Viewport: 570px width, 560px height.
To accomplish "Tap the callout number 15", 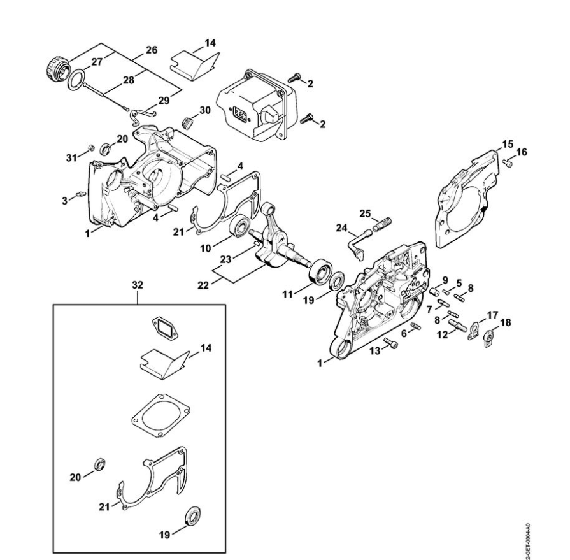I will coord(508,145).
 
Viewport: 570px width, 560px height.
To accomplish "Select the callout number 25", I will coord(365,212).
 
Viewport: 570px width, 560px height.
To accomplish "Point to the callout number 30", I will coord(204,110).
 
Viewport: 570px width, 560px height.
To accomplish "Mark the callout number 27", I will coord(97,62).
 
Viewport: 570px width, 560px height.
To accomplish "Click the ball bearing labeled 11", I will coord(318,270).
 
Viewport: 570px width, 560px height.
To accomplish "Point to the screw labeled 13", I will coord(390,344).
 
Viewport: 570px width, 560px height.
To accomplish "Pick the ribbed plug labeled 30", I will coord(187,122).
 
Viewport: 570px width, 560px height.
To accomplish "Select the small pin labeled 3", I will coord(80,195).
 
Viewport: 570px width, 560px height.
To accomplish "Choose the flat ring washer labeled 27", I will coord(78,79).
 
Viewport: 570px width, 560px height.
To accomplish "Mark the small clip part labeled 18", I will coord(489,338).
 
